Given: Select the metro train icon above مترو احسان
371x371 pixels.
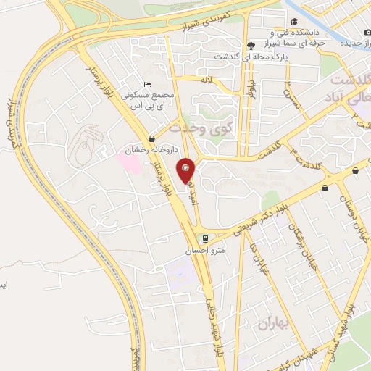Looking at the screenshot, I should pos(205,238).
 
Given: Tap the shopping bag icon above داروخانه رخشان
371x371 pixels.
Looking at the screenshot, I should pos(151,138).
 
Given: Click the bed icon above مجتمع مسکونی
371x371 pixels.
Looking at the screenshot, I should pos(148,84).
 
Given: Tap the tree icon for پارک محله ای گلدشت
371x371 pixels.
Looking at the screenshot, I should pos(250,44).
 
